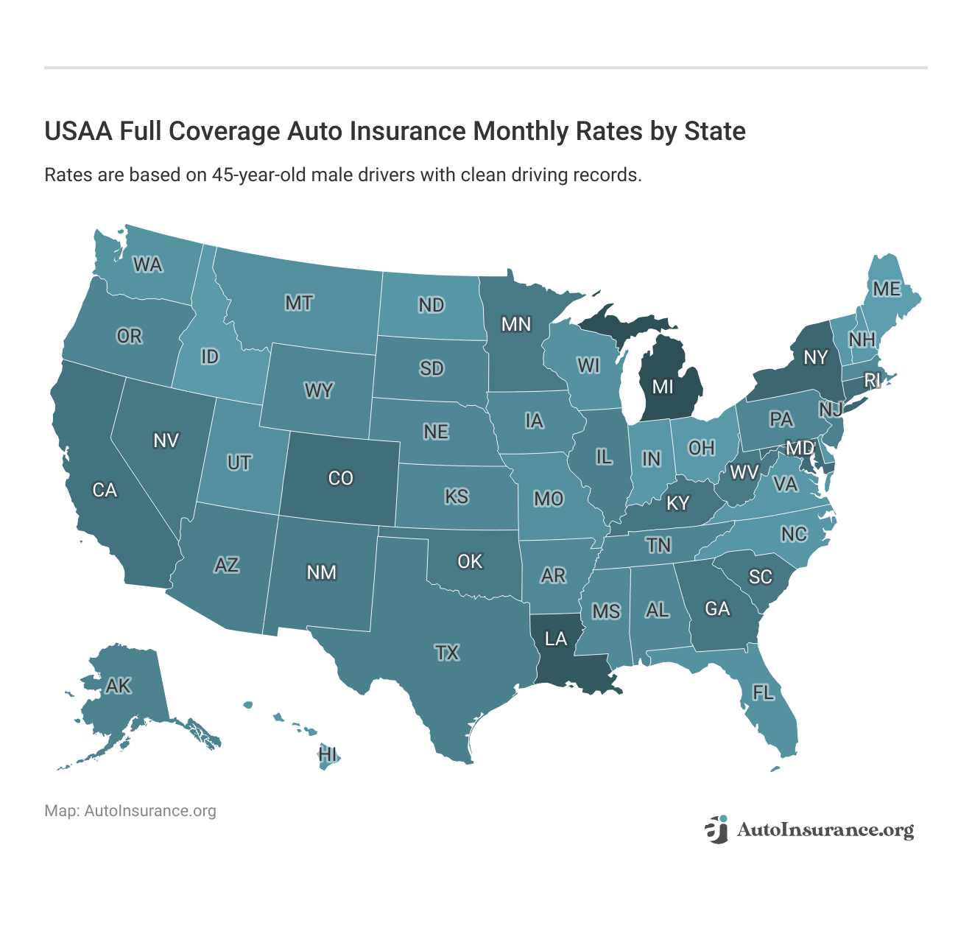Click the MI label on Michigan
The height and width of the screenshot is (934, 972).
[663, 386]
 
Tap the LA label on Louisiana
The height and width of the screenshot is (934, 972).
[556, 639]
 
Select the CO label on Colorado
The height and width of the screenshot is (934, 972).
[340, 478]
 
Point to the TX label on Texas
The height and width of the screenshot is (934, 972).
[447, 652]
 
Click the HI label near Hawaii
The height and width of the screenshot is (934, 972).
[328, 754]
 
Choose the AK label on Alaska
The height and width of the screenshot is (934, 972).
[118, 686]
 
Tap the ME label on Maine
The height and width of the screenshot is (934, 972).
[887, 289]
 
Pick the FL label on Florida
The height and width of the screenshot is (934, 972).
[763, 692]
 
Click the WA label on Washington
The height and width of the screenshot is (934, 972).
[147, 264]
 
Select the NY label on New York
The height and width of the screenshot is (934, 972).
[815, 357]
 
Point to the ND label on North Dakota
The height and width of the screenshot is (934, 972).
[432, 304]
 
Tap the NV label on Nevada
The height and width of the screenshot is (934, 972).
[166, 440]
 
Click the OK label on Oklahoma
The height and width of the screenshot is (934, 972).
[470, 561]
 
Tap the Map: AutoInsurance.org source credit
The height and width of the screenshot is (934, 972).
[130, 811]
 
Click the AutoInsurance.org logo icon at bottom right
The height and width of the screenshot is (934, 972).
[716, 829]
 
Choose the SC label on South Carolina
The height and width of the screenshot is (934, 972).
[761, 576]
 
